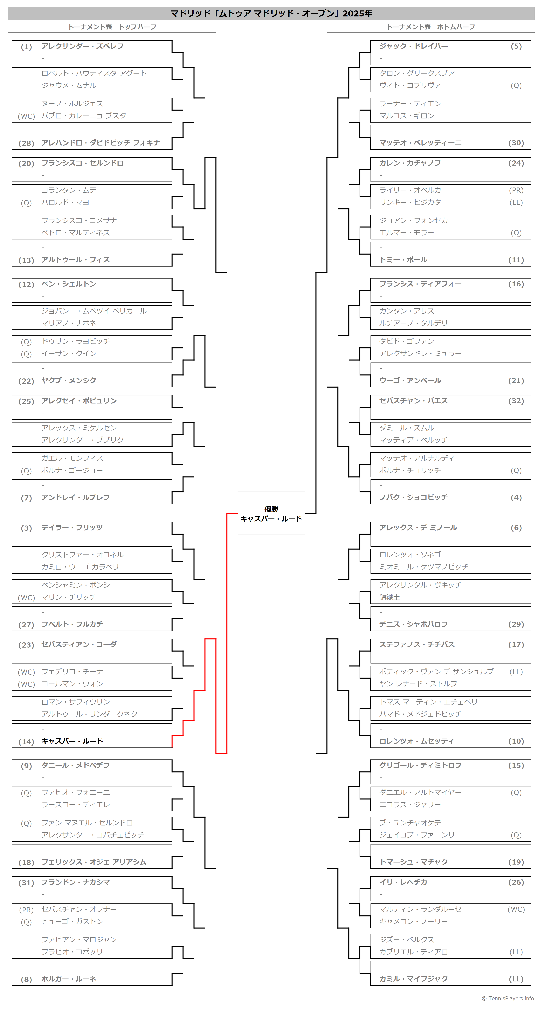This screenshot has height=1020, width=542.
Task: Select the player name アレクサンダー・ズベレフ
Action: coord(82,46)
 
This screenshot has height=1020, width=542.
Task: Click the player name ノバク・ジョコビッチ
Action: coord(413,497)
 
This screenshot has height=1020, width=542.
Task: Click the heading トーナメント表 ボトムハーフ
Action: coord(431,27)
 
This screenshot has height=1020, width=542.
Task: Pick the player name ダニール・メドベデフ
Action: coord(76,765)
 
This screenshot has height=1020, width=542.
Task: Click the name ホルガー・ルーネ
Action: coord(69,979)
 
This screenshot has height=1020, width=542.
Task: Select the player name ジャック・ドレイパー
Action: coord(413,46)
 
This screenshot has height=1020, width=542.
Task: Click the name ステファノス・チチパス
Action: coord(417,644)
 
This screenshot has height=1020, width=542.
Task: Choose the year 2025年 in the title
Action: coord(357,14)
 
